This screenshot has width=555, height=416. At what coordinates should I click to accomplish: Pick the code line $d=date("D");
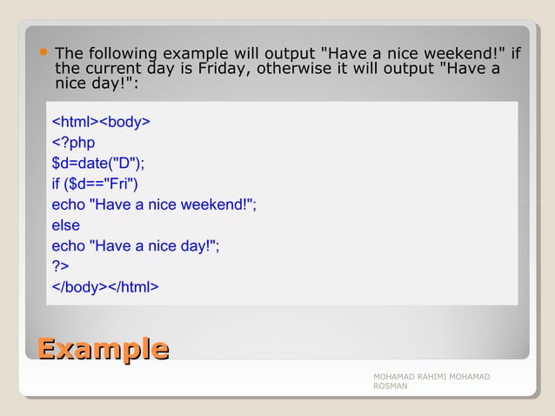click(x=98, y=162)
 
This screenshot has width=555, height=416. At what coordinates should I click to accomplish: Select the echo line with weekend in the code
click(x=154, y=204)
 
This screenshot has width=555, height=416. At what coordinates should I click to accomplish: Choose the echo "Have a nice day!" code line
click(x=136, y=245)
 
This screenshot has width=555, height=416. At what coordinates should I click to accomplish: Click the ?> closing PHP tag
click(x=61, y=266)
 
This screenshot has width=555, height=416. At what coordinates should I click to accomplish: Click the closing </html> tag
click(x=133, y=287)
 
